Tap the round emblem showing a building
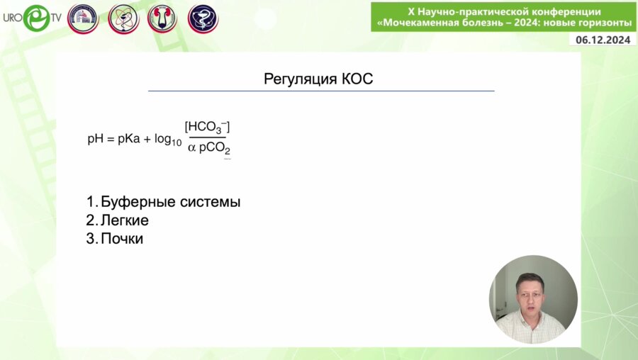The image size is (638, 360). coord(82,18)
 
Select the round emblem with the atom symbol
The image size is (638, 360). coord(123,18)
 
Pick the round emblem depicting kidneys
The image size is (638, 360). coord(162,18)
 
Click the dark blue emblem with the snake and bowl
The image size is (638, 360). coord(202,18)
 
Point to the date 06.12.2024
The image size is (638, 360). coord(603,40)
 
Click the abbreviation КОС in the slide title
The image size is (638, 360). coord(357,79)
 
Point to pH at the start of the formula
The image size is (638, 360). coord(95,140)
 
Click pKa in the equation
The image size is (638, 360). coord(128,140)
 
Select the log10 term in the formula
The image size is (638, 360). coord(167,140)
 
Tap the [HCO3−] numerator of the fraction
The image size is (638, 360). coord(207,128)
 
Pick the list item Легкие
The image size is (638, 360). coord(124,220)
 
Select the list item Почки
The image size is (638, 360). coord(121,239)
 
